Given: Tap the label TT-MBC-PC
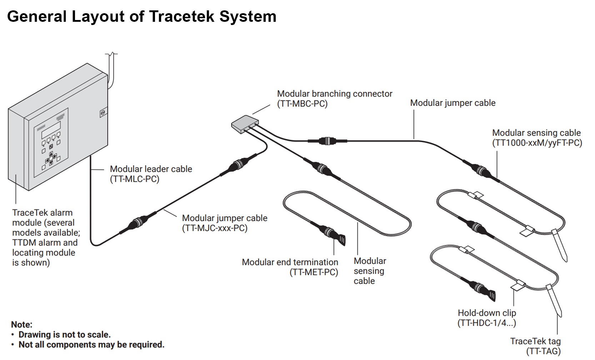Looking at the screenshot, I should point(302,104).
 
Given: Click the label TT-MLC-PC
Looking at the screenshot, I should point(135,179).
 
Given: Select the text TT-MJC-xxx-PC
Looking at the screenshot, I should point(215,228).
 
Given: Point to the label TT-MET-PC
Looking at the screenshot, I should point(314,272).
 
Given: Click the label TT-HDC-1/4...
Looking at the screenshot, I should point(486,323).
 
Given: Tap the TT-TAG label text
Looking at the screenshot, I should point(543,351).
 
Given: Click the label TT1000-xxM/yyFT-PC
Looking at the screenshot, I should point(537,143).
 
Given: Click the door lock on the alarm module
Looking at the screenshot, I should point(102,113).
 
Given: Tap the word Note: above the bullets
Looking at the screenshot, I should point(21,325).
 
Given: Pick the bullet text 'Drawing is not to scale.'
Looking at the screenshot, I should point(64,335).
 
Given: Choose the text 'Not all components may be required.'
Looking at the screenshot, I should point(91,345).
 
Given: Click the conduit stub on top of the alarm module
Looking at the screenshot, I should point(111,70).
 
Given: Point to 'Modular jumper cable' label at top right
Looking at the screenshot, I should point(452,103).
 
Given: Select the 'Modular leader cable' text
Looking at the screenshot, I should point(151,169).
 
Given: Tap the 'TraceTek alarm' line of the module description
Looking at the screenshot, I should point(42,213).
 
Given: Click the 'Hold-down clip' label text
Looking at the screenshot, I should point(486,313).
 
